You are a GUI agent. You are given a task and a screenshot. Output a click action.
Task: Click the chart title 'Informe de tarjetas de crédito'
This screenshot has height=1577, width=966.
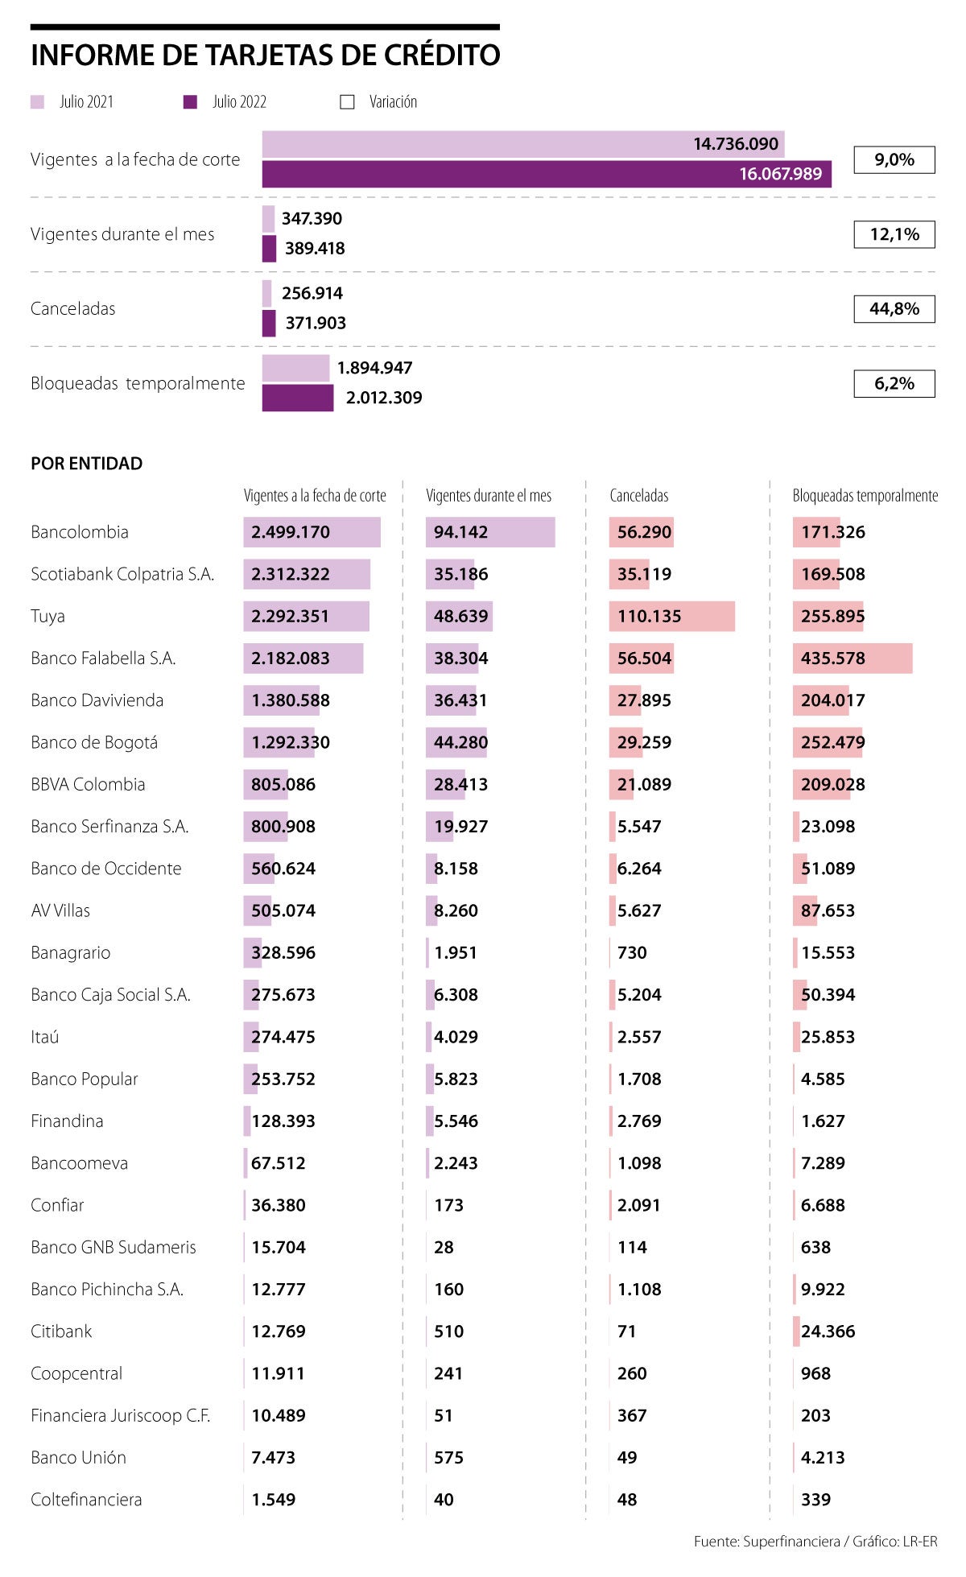(266, 56)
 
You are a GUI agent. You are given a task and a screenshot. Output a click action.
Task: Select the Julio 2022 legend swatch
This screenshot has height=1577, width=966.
(190, 102)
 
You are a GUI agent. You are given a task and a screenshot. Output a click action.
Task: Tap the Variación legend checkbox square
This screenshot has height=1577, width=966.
(347, 102)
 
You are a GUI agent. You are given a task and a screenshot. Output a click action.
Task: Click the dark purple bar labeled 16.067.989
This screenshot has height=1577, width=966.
(547, 174)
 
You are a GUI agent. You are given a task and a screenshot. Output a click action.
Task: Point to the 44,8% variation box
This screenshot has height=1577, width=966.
(894, 309)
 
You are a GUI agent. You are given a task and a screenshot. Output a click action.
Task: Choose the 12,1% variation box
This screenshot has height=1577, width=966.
(894, 234)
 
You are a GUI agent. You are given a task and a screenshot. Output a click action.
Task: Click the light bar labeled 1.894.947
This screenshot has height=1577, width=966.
(295, 368)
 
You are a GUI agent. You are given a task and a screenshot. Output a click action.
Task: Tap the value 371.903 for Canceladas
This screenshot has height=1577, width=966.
(316, 323)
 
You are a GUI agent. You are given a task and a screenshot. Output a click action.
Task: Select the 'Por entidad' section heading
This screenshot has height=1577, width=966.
(87, 464)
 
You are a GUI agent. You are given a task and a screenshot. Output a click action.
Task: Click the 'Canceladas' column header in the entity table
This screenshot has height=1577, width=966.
(638, 496)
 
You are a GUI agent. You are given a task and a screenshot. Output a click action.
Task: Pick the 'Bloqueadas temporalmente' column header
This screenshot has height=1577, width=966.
(865, 496)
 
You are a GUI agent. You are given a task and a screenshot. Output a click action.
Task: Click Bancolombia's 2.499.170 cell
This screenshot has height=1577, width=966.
(291, 532)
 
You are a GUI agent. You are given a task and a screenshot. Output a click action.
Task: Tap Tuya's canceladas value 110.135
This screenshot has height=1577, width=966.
(649, 617)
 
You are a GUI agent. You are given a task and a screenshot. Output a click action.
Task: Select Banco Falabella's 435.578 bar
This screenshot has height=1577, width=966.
(852, 658)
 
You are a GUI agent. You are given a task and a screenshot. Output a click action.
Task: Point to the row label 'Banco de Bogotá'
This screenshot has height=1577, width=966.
(94, 742)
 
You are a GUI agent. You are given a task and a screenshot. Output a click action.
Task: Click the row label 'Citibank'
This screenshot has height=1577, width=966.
(61, 1331)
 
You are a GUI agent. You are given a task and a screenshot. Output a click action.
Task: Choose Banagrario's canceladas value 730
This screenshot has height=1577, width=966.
(632, 952)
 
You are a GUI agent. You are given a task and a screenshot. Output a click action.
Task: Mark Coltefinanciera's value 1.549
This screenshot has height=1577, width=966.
(274, 1500)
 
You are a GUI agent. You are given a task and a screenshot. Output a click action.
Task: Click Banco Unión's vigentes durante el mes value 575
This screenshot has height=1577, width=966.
(448, 1458)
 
